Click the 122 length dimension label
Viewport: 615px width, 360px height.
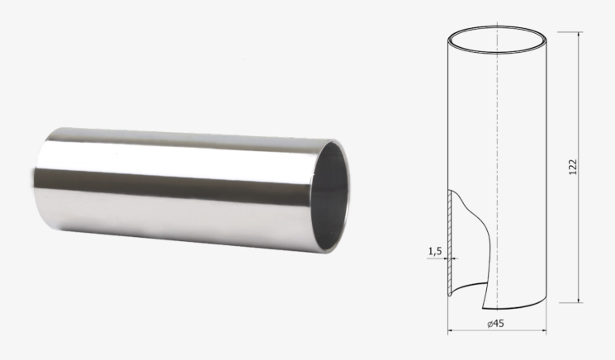573,167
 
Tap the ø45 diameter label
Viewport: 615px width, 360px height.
496,323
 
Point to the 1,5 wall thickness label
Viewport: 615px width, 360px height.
435,251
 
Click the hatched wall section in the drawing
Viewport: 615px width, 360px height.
450,243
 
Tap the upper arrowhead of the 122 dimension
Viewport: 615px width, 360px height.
578,36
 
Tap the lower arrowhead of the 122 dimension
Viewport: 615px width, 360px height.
578,299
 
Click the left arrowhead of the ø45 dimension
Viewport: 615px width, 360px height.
451,330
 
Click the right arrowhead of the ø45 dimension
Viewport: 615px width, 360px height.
543,330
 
